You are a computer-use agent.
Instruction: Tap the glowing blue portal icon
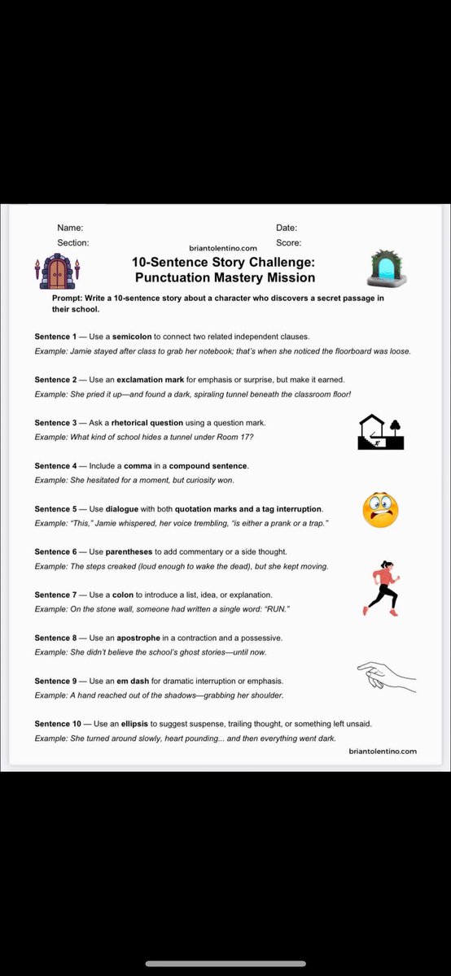tap(388, 268)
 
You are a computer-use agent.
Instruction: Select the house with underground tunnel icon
tap(381, 433)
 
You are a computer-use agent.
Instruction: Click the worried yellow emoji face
tap(380, 511)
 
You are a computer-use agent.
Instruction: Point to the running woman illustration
tap(381, 587)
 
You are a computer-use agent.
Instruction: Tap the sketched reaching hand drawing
tap(386, 676)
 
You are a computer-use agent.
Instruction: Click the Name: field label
tap(70, 229)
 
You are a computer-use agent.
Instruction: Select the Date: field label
tap(287, 229)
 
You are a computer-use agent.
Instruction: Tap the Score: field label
tap(288, 242)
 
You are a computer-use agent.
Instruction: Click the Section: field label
tap(73, 242)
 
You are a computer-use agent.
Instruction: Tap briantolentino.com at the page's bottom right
tap(383, 752)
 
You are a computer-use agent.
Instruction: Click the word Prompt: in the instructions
tap(67, 298)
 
